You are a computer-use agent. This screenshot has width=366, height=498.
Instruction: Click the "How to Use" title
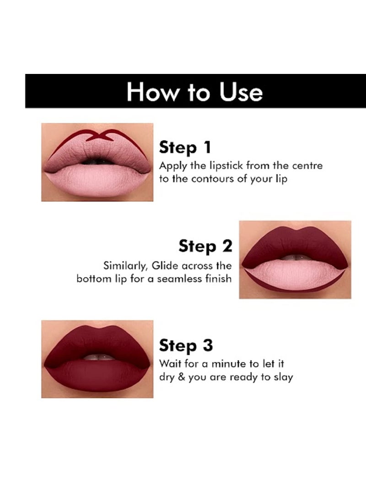coord(195,91)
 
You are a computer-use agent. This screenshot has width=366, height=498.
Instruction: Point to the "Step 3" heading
coord(186,346)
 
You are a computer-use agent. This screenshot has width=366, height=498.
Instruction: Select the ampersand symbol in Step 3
coord(181,377)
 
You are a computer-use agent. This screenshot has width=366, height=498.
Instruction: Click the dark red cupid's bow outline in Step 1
coord(97,135)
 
